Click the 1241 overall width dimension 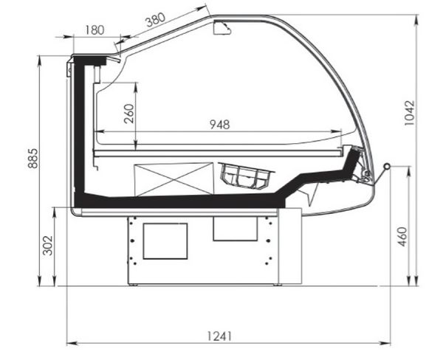click(219, 336)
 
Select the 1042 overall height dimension click(409, 113)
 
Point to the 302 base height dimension click(47, 246)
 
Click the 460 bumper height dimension click(403, 237)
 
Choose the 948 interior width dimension click(220, 125)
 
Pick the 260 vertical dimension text click(128, 114)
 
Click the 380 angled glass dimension click(155, 20)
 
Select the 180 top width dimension click(95, 30)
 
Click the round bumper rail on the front click(386, 166)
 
